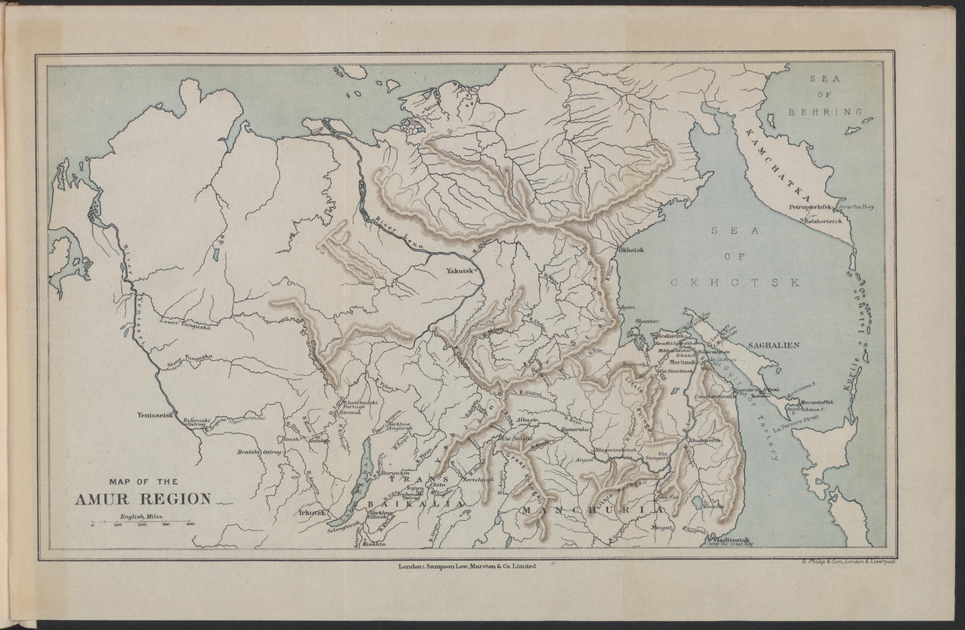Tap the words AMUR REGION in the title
(x=143, y=499)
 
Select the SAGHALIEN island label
(x=774, y=345)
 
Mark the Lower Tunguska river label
(x=186, y=325)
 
